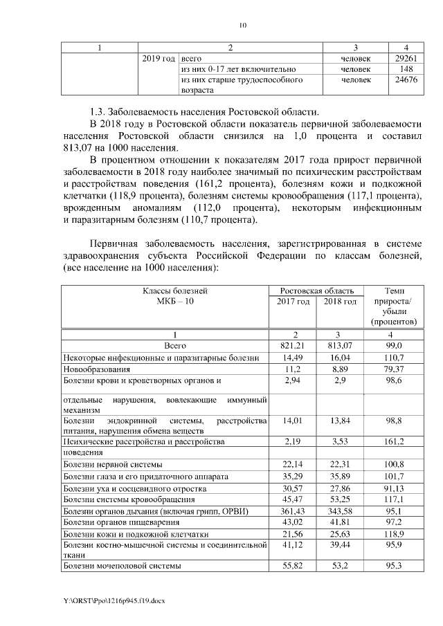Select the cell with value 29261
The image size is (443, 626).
pyautogui.click(x=404, y=59)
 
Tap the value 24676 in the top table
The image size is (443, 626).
pyautogui.click(x=404, y=80)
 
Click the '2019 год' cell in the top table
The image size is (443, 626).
pyautogui.click(x=159, y=59)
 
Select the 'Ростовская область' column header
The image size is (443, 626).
pyautogui.click(x=316, y=291)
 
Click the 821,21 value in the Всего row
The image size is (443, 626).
pyautogui.click(x=291, y=345)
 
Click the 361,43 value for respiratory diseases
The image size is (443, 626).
pyautogui.click(x=291, y=510)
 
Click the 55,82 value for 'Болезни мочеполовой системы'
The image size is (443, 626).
pyautogui.click(x=291, y=566)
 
